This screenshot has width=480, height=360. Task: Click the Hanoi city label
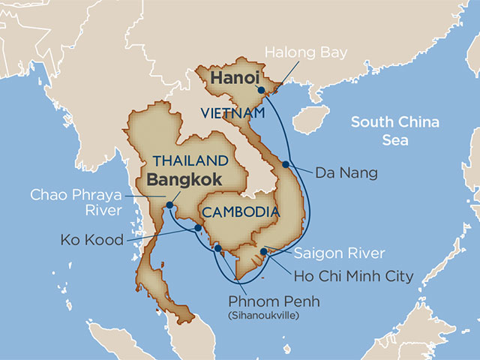pyautogui.click(x=234, y=78)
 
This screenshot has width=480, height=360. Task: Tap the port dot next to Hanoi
pyautogui.click(x=259, y=88)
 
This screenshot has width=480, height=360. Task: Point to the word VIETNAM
pyautogui.click(x=233, y=112)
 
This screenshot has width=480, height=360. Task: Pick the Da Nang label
pyautogui.click(x=346, y=172)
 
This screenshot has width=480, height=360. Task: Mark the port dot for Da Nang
pyautogui.click(x=286, y=164)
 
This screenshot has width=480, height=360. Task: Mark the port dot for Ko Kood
pyautogui.click(x=197, y=227)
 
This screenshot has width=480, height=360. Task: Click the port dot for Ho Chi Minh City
pyautogui.click(x=263, y=250)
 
